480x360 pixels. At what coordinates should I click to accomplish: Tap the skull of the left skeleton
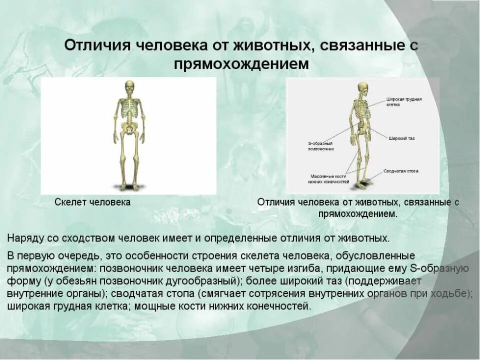point(129,86)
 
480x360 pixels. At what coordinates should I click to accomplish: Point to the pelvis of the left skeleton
point(128,129)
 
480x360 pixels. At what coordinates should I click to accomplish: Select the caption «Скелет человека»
point(92,202)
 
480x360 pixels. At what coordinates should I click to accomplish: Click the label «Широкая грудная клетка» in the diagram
point(403,102)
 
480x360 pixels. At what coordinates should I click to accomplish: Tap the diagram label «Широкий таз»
point(401,137)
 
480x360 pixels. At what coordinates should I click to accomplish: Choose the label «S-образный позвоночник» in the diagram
point(320,146)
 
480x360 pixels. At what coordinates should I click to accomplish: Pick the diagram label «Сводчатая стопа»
point(401,171)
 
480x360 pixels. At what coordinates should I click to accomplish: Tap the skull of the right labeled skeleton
point(363,88)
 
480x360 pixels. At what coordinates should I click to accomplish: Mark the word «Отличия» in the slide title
point(95,45)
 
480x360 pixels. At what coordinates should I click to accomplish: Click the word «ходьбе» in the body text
point(454,293)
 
